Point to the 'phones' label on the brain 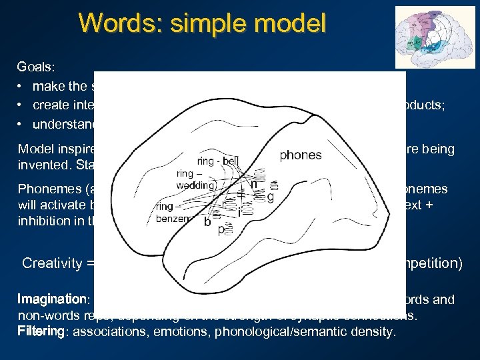(x=300, y=155)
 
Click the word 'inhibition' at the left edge (x=43, y=221)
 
